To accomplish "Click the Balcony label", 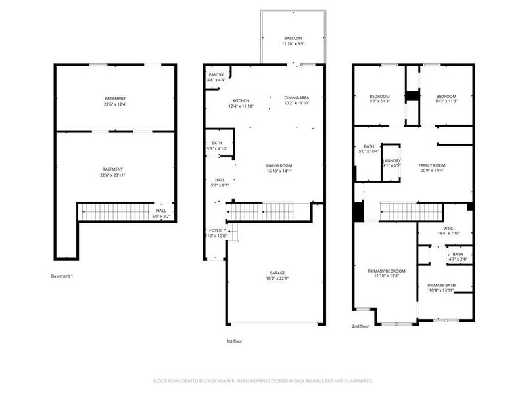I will pos(293,39).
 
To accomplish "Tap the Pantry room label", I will pos(216,75).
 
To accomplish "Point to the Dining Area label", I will pos(296,97).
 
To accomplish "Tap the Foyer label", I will pos(216,230).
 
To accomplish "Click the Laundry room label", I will pos(392,160).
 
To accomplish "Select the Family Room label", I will pos(432,165).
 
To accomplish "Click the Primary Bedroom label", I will pos(386,271).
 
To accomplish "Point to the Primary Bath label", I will pos(441,285).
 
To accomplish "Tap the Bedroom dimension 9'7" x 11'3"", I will pos(379,102).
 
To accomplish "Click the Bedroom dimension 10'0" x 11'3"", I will pos(446,102).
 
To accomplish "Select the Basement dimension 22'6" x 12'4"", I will pos(114,104).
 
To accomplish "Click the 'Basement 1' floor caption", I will pos(62,276).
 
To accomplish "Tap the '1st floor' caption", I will pos(235,341).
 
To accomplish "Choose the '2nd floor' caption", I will pos(360,326).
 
